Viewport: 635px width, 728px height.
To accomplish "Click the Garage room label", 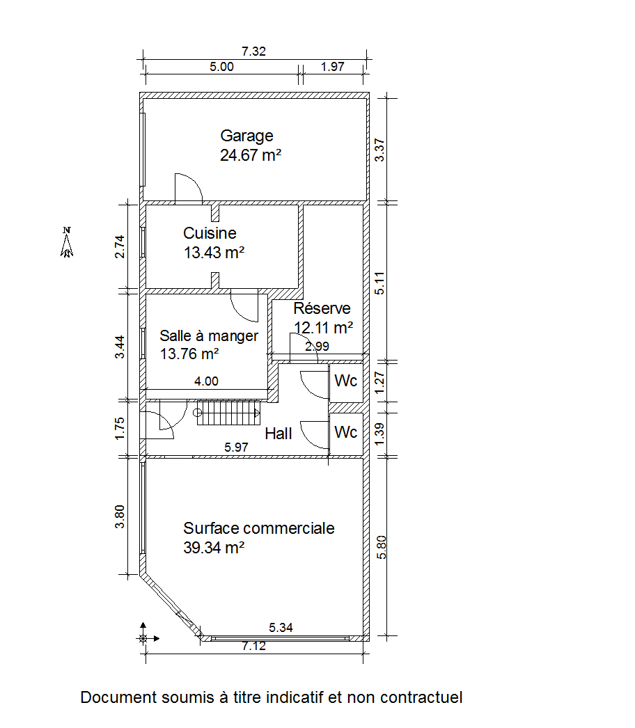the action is [x=246, y=136].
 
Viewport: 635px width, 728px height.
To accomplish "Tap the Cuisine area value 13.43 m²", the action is [x=214, y=253].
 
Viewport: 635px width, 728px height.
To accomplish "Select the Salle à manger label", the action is [x=209, y=335].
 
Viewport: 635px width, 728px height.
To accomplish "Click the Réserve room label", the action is [x=322, y=308].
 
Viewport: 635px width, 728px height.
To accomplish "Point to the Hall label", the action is [x=279, y=434].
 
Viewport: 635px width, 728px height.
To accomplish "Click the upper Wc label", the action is [x=345, y=381].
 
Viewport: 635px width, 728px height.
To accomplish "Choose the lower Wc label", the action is [x=345, y=432].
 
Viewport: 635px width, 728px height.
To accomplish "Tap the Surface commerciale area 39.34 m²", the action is [x=214, y=548].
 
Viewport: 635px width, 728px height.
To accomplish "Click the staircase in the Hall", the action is [x=228, y=413].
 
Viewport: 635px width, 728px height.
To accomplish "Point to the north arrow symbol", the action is [x=67, y=242].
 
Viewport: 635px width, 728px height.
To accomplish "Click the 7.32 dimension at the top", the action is [x=253, y=51].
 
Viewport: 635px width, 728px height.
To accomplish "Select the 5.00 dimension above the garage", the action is [x=221, y=66].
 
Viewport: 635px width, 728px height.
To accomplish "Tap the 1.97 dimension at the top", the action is [x=333, y=66].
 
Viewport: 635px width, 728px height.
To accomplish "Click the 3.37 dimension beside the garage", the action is [x=379, y=150].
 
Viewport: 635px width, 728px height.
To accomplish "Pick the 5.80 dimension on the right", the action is [x=381, y=547].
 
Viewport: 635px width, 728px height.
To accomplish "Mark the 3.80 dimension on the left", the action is [x=120, y=516].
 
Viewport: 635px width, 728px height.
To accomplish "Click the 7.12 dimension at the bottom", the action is [x=253, y=646].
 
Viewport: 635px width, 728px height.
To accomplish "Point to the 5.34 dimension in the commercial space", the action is [x=281, y=628].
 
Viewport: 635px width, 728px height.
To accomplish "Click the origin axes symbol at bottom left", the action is [x=143, y=638].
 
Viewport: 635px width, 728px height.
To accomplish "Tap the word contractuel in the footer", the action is [x=421, y=697].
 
